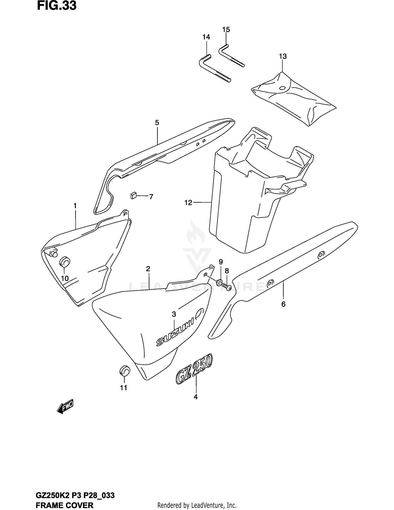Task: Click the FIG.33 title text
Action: pyautogui.click(x=56, y=6)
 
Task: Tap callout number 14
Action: pyautogui.click(x=206, y=37)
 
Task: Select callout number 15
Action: pyautogui.click(x=226, y=30)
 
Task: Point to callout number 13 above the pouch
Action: pyautogui.click(x=283, y=56)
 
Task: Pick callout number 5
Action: pyautogui.click(x=157, y=122)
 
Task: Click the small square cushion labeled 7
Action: pyautogui.click(x=133, y=195)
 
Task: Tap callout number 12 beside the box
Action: pyautogui.click(x=188, y=203)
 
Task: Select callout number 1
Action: pyautogui.click(x=75, y=206)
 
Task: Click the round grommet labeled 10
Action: pyautogui.click(x=64, y=262)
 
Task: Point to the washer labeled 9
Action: pyautogui.click(x=219, y=283)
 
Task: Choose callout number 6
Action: pyautogui.click(x=283, y=304)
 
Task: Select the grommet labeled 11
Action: pyautogui.click(x=125, y=371)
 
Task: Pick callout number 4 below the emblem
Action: pyautogui.click(x=195, y=397)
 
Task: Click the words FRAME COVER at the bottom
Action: pyautogui.click(x=65, y=505)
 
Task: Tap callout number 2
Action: pyautogui.click(x=148, y=269)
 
